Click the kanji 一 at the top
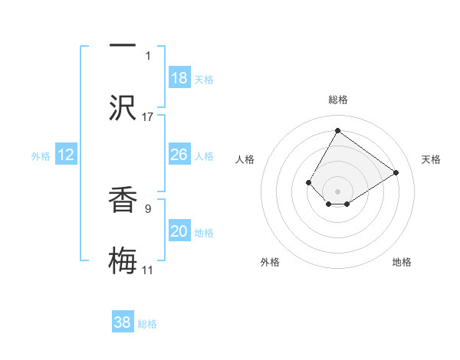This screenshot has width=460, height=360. point(123,44)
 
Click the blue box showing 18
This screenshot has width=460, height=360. point(179,78)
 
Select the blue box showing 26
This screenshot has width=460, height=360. point(179,155)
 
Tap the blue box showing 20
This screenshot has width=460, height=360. point(179,231)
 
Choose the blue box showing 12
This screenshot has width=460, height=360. point(66,155)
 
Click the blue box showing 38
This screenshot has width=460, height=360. point(123,322)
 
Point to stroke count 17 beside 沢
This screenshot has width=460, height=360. point(148,117)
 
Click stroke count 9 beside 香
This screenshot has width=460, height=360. point(148,207)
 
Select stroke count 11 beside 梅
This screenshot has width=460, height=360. point(148,270)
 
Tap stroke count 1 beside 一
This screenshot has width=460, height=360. point(148,55)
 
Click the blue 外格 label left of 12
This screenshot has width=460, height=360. point(41,155)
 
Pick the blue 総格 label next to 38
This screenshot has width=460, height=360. point(147,324)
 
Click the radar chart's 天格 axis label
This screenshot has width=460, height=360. point(431,159)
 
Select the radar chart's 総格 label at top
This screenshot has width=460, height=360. point(337,100)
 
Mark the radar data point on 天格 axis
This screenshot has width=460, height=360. point(396,172)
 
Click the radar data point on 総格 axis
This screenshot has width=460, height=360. point(337,130)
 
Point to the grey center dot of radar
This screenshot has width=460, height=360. point(337,191)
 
